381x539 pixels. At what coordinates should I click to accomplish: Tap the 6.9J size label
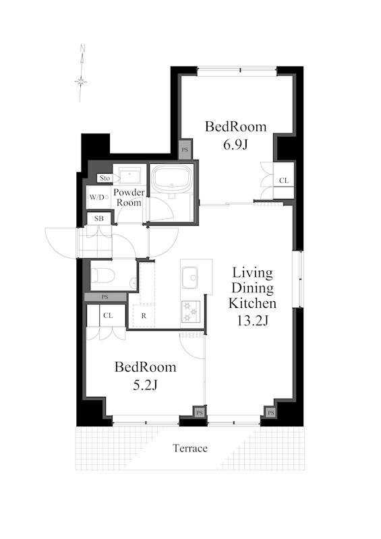click(235, 145)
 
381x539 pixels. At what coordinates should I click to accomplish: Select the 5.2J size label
click(145, 385)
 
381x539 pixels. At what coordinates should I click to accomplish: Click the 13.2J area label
click(253, 321)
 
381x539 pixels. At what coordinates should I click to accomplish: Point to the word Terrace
click(190, 448)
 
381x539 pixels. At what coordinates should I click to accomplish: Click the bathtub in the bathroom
click(171, 179)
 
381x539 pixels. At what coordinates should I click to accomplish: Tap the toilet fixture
click(102, 276)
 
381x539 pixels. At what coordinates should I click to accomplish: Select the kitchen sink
click(189, 277)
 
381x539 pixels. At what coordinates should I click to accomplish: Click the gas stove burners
click(190, 311)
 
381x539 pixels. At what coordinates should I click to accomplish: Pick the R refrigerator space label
click(144, 315)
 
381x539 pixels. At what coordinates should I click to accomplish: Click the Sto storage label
click(105, 178)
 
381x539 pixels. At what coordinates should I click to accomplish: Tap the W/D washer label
click(97, 197)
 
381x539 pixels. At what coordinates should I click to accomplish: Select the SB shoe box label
click(98, 218)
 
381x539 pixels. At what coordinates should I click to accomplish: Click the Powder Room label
click(129, 197)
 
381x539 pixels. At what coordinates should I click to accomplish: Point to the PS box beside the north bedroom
click(185, 150)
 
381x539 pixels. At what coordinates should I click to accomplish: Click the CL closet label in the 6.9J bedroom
click(284, 181)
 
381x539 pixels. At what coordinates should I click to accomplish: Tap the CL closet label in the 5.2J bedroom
click(108, 315)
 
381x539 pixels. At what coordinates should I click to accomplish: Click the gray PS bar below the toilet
click(105, 297)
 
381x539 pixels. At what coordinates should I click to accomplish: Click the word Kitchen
click(252, 303)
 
